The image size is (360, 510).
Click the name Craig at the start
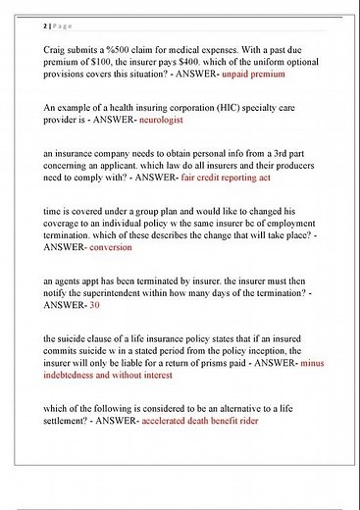tap(58, 48)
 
